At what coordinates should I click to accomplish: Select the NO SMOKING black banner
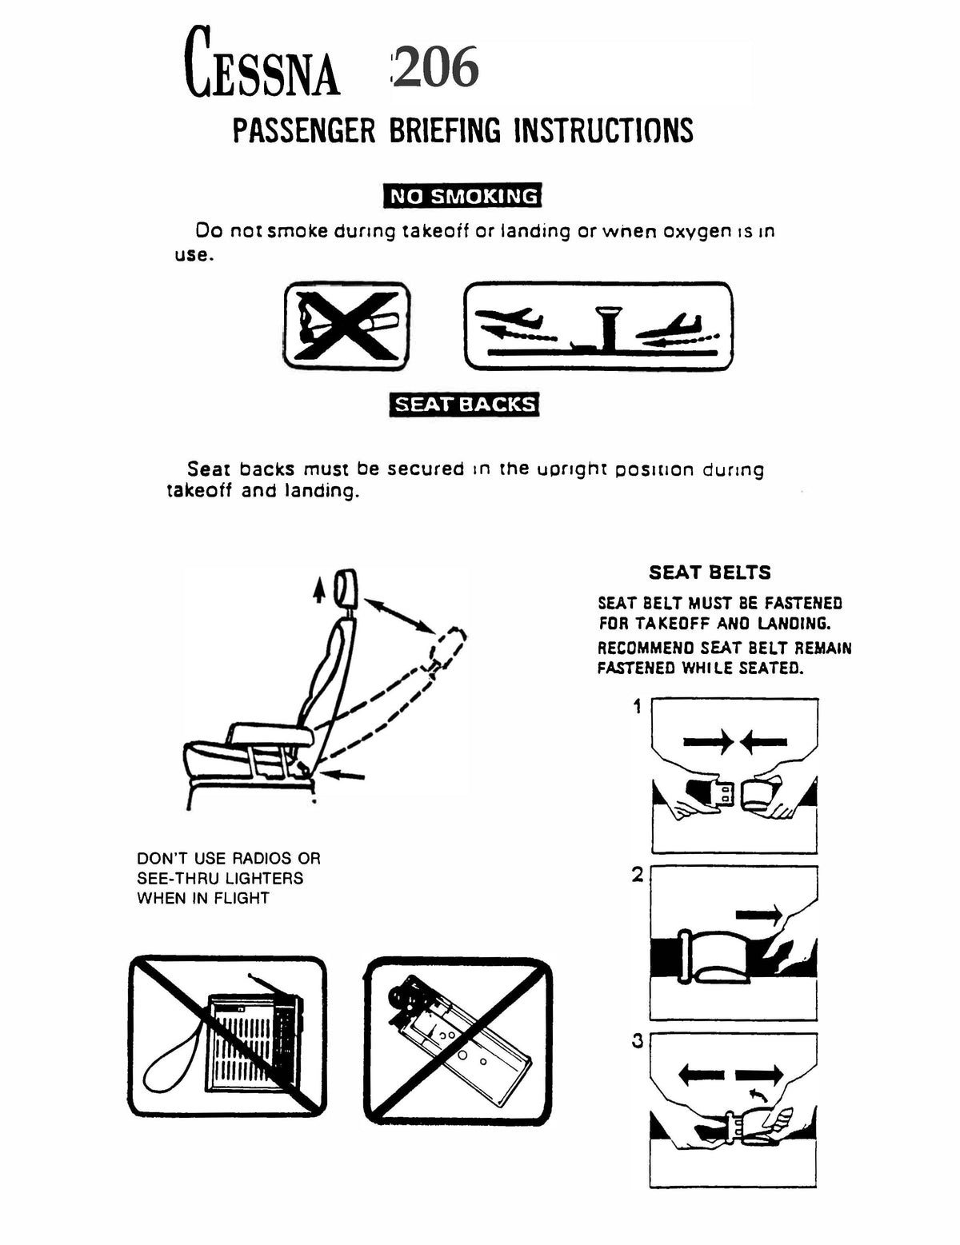pyautogui.click(x=463, y=196)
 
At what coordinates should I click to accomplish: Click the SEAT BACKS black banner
pyautogui.click(x=464, y=404)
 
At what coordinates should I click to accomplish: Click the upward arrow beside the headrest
pyautogui.click(x=319, y=589)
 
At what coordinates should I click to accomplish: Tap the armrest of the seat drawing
pyautogui.click(x=269, y=732)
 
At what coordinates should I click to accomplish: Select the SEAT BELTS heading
pyautogui.click(x=710, y=573)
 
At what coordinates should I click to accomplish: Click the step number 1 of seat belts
pyautogui.click(x=638, y=707)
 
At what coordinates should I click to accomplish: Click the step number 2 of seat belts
pyautogui.click(x=638, y=875)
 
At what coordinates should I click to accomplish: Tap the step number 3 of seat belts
pyautogui.click(x=638, y=1042)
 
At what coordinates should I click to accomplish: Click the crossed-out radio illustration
pyautogui.click(x=228, y=1036)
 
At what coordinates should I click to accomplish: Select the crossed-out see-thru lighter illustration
pyautogui.click(x=458, y=1036)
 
